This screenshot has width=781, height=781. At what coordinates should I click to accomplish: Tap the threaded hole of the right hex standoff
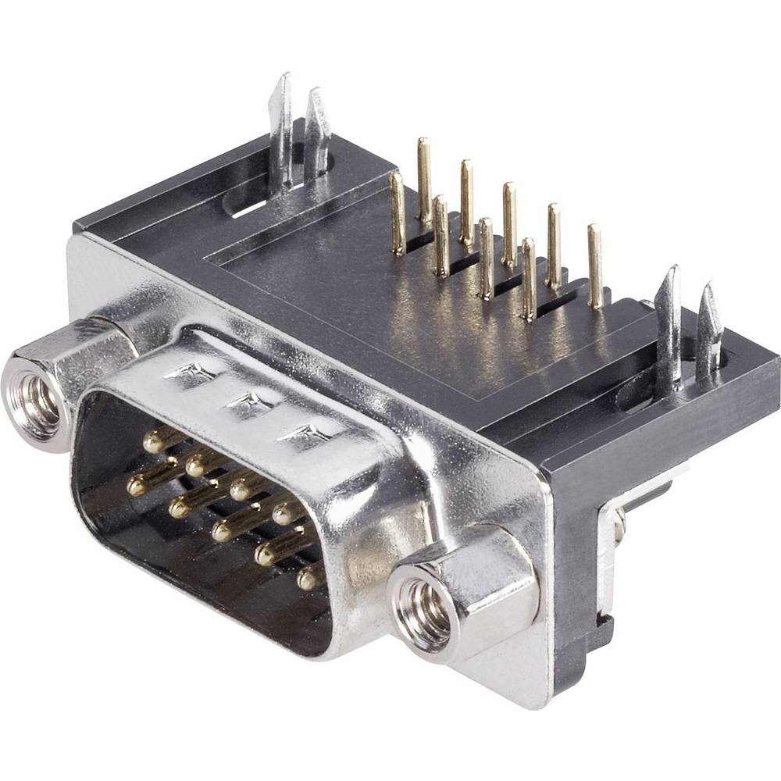point(424,605)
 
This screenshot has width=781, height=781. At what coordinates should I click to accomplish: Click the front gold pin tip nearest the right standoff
point(308,580)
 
